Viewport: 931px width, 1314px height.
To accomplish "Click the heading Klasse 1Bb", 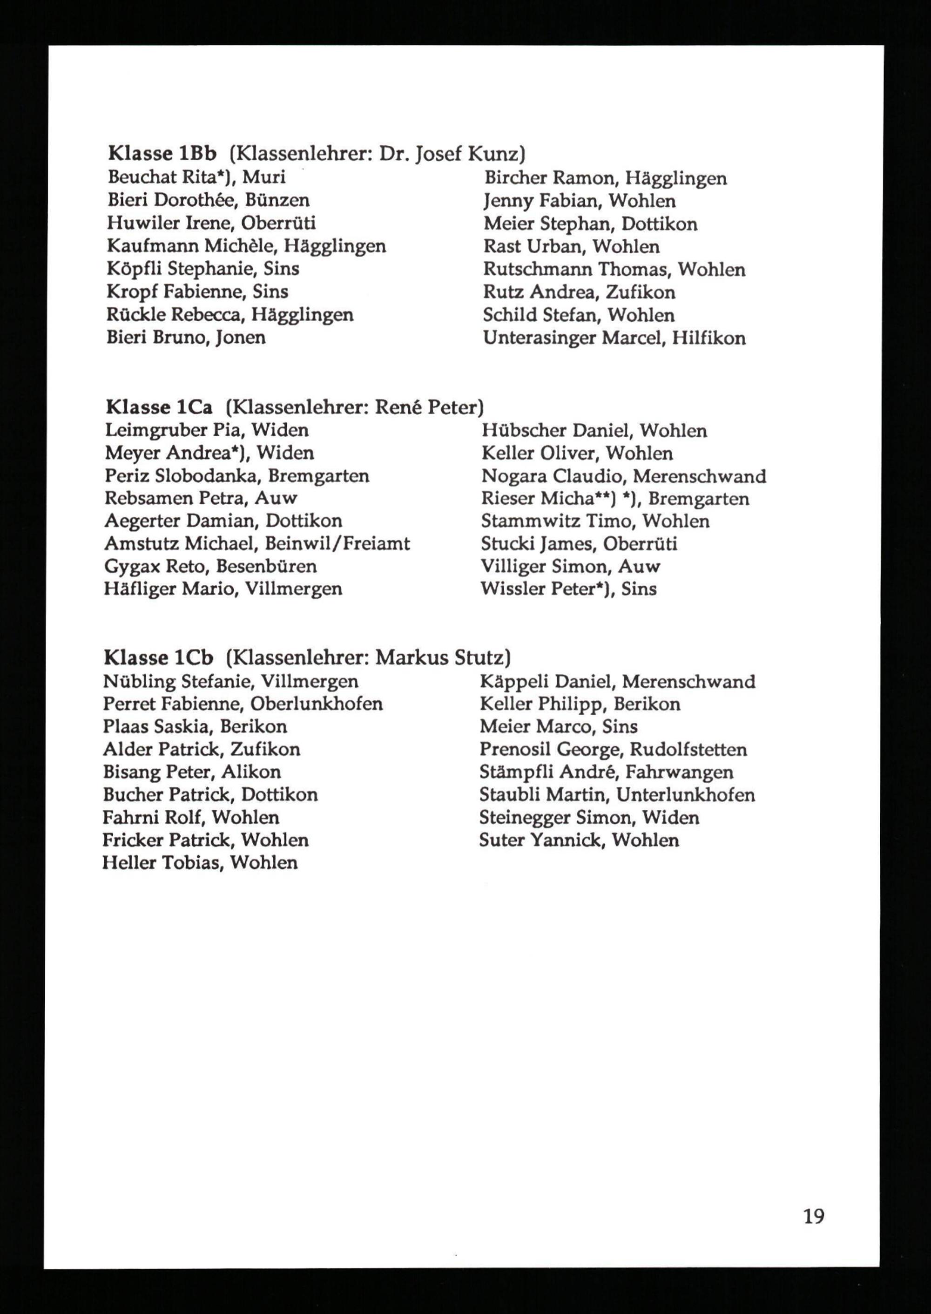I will (162, 154).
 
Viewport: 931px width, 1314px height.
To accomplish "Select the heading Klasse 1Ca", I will (159, 407).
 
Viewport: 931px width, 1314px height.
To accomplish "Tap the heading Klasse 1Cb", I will (158, 657).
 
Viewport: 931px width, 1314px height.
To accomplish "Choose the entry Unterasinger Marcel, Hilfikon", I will (614, 338).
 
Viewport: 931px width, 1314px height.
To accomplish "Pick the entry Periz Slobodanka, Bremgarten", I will (237, 476).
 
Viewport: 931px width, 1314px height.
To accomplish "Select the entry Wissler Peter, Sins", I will (569, 589).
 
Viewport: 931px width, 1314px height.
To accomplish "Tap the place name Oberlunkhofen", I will (317, 704).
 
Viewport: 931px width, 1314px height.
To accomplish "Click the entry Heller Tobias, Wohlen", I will (200, 863).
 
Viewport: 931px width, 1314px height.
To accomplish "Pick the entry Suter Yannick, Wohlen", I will (579, 840).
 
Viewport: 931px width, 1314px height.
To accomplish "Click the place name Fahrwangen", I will (679, 772).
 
